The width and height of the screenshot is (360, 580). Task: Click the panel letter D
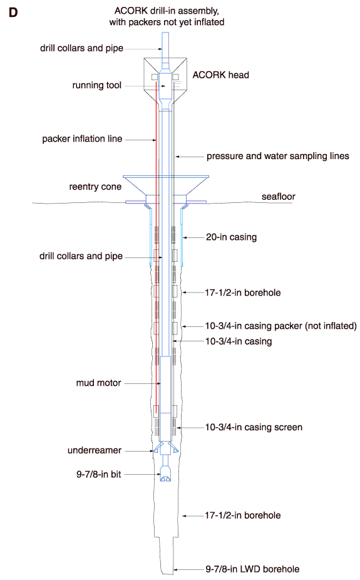[x=13, y=13]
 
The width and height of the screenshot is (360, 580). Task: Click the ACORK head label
[x=220, y=75]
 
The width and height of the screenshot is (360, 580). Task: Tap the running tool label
[x=97, y=85]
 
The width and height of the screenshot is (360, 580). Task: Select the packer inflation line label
[x=82, y=139]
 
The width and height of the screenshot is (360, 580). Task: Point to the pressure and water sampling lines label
[x=277, y=156]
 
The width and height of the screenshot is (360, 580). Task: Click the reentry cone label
[x=95, y=187]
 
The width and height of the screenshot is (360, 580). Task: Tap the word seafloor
[x=279, y=197]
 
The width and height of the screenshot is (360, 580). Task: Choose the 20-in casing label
[x=232, y=237]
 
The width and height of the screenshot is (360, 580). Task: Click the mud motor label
[x=99, y=383]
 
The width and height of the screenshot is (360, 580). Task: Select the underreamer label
[x=95, y=450]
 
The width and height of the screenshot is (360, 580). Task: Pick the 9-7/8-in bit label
[x=99, y=474]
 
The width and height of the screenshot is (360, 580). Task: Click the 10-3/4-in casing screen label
[x=254, y=427]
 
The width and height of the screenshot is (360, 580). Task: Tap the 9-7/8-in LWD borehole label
[x=252, y=569]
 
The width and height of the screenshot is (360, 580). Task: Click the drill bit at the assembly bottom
[x=165, y=475]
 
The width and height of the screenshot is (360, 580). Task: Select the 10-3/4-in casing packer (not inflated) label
[x=281, y=326]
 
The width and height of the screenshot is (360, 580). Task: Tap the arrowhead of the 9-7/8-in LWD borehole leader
[x=175, y=569]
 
